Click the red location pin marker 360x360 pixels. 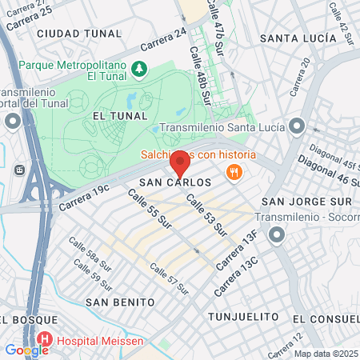tap(180, 164)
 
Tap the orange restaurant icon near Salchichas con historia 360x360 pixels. tap(234, 170)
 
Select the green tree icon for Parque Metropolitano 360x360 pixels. tap(140, 70)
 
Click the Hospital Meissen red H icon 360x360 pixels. tap(45, 340)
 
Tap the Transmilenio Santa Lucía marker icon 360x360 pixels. tap(297, 126)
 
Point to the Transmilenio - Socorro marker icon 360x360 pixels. tap(277, 234)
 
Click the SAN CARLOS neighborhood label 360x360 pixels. tap(181, 182)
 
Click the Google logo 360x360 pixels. tap(26, 350)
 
